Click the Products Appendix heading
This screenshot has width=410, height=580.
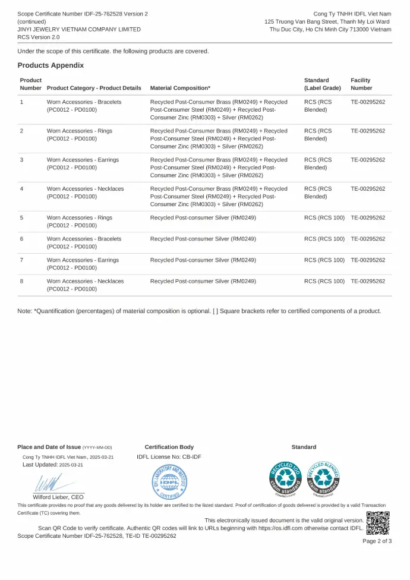pyautogui.click(x=51, y=65)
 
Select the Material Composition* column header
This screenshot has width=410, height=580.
pyautogui.click(x=180, y=88)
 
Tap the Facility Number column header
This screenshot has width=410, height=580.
pyautogui.click(x=361, y=84)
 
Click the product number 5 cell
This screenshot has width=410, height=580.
pyautogui.click(x=22, y=218)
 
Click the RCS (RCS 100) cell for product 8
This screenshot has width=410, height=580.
pyautogui.click(x=324, y=281)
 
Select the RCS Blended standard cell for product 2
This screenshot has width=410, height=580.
pyautogui.click(x=318, y=135)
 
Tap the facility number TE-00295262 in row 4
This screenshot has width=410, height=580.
pyautogui.click(x=368, y=189)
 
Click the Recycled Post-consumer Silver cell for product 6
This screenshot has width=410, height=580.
pyautogui.click(x=203, y=239)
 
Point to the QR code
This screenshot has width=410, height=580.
pyautogui.click(x=378, y=523)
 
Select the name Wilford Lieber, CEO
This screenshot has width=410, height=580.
pyautogui.click(x=58, y=497)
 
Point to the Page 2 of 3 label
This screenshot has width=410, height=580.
pyautogui.click(x=377, y=541)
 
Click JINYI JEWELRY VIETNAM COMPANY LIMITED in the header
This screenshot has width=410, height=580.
pyautogui.click(x=79, y=29)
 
